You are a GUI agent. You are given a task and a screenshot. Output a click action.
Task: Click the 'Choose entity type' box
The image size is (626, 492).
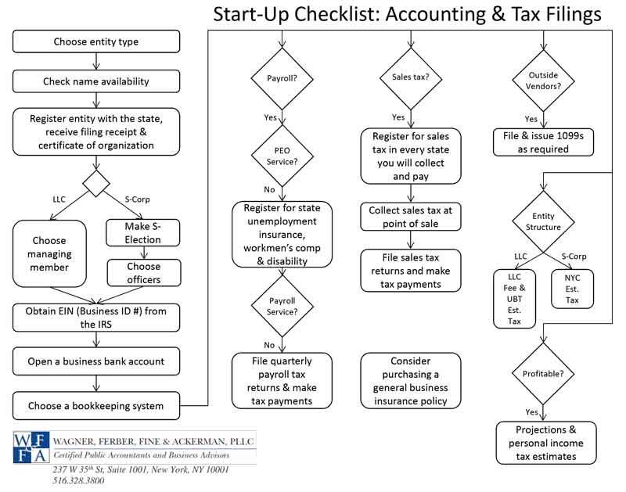(96, 41)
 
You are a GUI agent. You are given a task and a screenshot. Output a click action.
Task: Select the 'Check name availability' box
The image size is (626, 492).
(96, 81)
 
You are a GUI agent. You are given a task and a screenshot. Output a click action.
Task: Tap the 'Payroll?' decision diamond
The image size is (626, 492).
(282, 77)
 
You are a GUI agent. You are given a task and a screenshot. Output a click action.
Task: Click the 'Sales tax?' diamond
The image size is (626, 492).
(410, 77)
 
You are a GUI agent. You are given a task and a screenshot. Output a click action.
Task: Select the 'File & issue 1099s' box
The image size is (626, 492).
(543, 142)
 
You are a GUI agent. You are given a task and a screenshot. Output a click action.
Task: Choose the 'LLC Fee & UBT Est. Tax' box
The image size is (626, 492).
(514, 298)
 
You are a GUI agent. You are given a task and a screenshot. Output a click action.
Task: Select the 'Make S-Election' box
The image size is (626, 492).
(144, 233)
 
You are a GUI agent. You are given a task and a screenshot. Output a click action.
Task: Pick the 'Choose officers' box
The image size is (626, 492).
(144, 271)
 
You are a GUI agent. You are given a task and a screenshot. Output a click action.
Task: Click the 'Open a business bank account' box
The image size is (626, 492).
(96, 361)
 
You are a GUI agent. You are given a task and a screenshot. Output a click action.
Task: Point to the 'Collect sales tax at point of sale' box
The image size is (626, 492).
(411, 217)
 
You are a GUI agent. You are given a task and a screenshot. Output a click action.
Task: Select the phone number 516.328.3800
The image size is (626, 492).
(78, 481)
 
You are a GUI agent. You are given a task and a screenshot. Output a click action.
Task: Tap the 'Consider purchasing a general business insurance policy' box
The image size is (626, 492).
(411, 381)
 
